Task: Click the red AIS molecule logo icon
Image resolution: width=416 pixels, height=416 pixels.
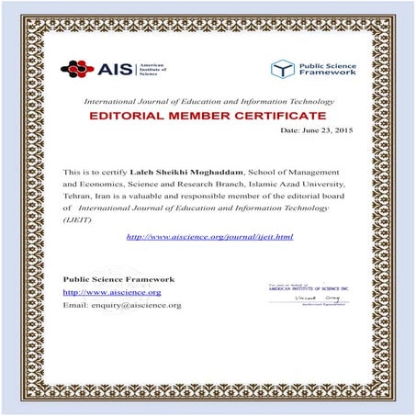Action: (x=77, y=68)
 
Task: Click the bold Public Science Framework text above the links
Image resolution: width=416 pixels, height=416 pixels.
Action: (x=118, y=278)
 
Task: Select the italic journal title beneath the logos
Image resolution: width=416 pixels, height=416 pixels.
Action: (x=206, y=99)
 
